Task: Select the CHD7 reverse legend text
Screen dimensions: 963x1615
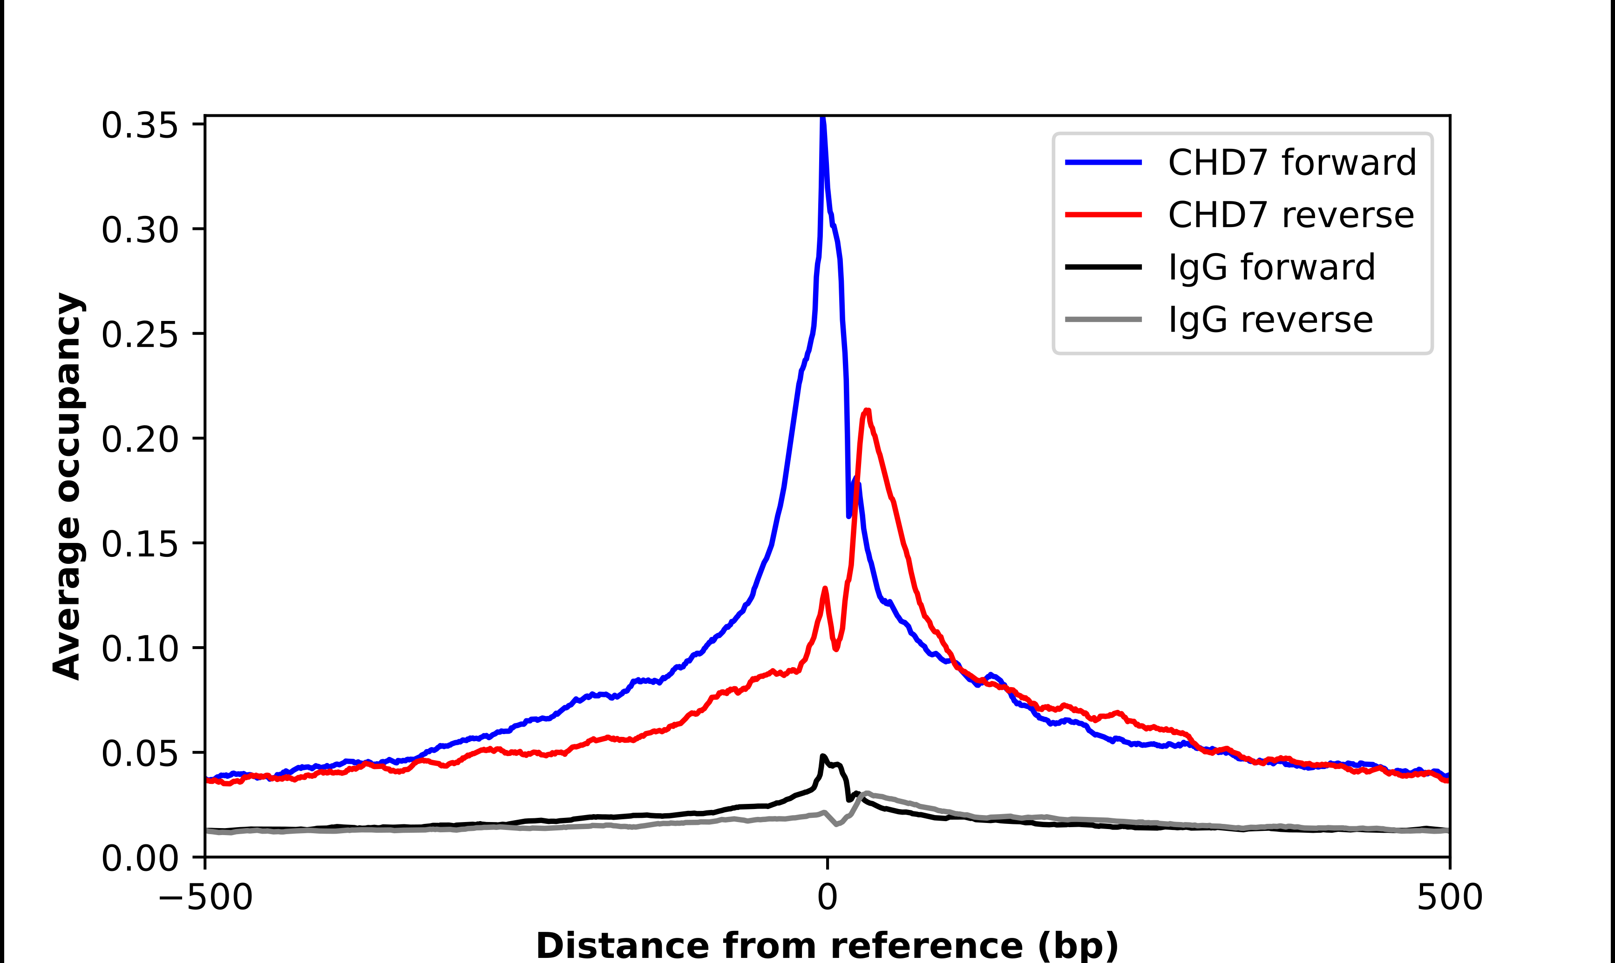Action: [x=1291, y=215]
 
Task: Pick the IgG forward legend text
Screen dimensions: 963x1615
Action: [x=1271, y=267]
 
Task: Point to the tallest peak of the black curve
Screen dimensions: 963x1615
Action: [x=823, y=756]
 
